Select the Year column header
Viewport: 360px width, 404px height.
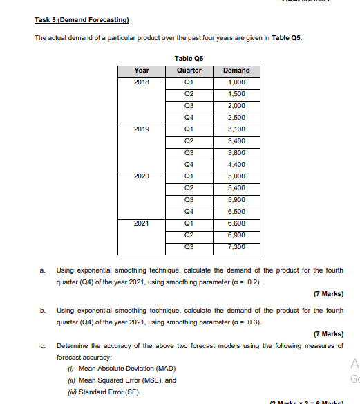pos(141,71)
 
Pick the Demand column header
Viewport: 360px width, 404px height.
pos(236,71)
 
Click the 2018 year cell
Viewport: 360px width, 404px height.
pos(141,82)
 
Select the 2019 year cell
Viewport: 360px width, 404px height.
pos(141,129)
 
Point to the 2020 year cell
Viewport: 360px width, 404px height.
pos(141,176)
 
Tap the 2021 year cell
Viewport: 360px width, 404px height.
pos(141,223)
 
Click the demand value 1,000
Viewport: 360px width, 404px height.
pos(236,82)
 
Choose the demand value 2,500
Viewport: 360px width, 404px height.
pos(236,117)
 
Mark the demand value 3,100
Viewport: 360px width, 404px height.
pos(236,129)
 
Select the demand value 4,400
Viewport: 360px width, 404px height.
pos(236,165)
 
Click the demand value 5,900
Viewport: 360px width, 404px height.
pos(236,200)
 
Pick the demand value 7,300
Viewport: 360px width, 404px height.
pos(236,247)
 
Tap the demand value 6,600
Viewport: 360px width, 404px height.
pos(236,223)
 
